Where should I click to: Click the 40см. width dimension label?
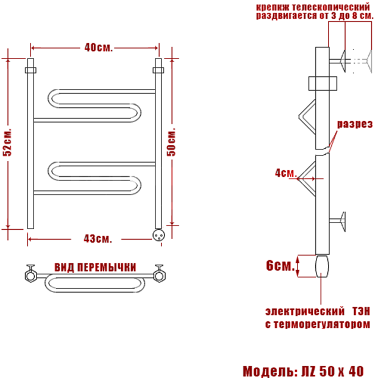coord(99,48)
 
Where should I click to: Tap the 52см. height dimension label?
coord(7,143)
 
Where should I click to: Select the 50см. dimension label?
coord(171,142)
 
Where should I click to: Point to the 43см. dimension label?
coord(98,238)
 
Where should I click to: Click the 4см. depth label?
coord(286,173)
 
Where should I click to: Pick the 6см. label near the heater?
coord(280,265)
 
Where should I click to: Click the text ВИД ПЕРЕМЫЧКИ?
coord(96,268)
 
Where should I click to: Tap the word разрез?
coord(355,124)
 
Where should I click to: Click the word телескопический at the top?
coord(330,7)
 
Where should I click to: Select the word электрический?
coord(305,312)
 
